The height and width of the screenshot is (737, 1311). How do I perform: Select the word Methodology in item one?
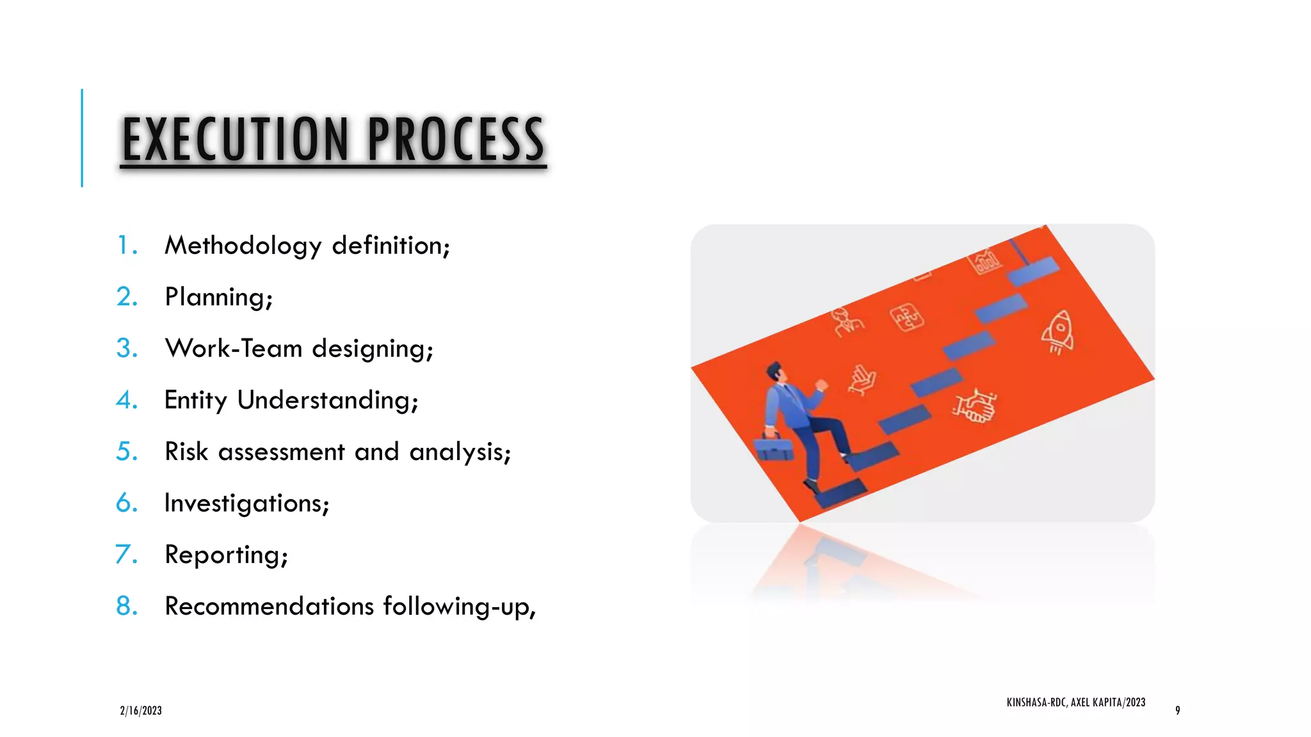pos(243,246)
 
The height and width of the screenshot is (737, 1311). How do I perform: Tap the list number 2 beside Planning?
pos(127,297)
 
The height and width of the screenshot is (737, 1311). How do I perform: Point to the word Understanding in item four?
pos(327,400)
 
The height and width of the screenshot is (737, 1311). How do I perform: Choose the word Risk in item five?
pos(186,452)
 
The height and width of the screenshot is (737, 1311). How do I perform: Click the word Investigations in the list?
pos(246,503)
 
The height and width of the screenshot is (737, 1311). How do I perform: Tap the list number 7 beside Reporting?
pos(126,555)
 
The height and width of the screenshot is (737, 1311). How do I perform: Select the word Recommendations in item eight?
pos(269,606)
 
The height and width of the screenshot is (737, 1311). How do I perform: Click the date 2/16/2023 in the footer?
pos(141,711)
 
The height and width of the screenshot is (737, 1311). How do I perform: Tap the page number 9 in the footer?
pos(1177,711)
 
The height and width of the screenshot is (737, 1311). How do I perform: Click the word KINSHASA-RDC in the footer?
pos(1036,702)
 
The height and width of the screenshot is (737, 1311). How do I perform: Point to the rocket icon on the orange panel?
pos(1058,331)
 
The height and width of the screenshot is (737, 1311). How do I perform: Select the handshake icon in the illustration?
pos(975,406)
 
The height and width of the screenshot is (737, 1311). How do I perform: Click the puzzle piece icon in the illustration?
pos(907,317)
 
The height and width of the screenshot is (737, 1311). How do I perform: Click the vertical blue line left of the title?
pos(82,138)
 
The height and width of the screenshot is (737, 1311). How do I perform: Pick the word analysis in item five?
pos(460,452)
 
